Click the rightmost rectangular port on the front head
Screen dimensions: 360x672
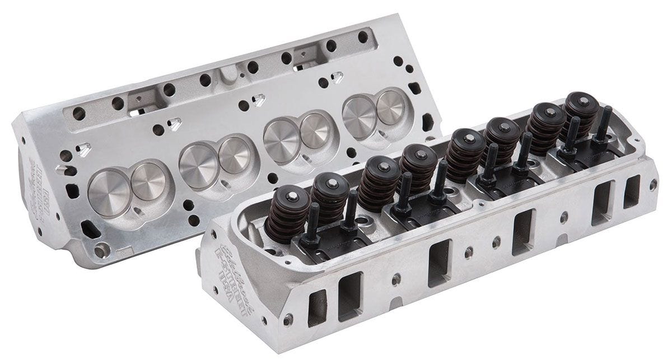pyautogui.click(x=632, y=191)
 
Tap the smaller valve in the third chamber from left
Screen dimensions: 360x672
pyautogui.click(x=315, y=130)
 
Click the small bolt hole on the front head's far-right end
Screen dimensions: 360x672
pyautogui.click(x=653, y=183)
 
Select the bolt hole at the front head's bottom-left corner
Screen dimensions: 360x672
pyautogui.click(x=288, y=320)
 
